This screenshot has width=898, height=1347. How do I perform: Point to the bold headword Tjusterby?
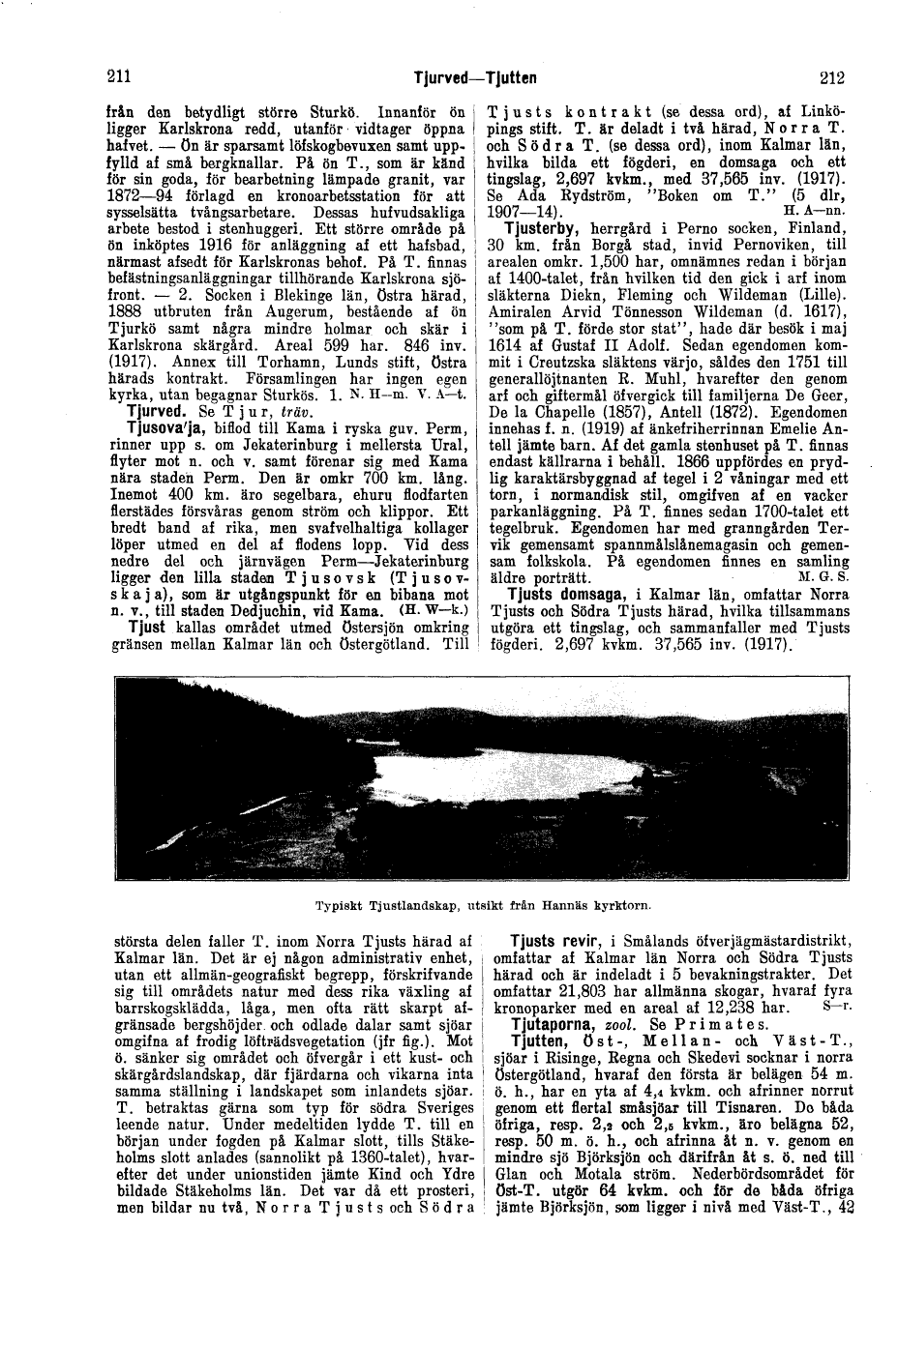[x=544, y=228]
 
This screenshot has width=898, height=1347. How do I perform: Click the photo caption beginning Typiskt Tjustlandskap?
[x=484, y=906]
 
